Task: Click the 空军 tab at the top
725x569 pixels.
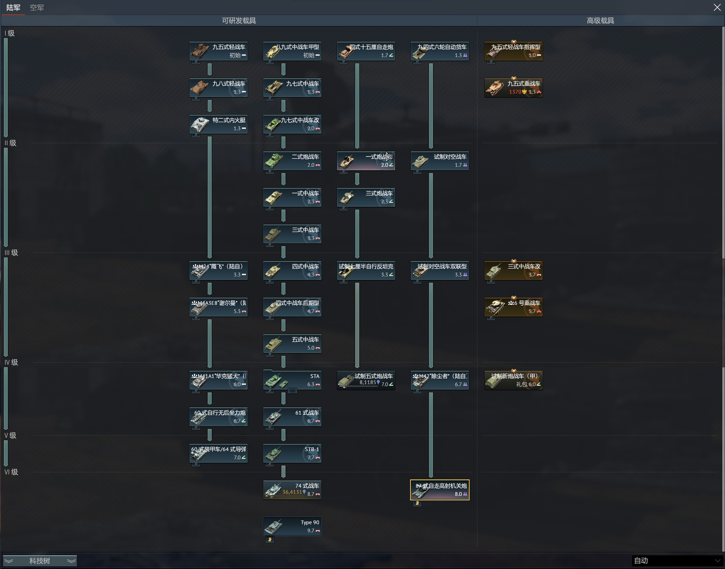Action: pyautogui.click(x=37, y=8)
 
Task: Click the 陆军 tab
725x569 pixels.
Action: pyautogui.click(x=13, y=8)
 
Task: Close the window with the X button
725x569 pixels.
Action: pyautogui.click(x=717, y=8)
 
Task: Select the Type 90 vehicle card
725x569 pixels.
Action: pyautogui.click(x=292, y=526)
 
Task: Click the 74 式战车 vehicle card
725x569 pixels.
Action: pyautogui.click(x=292, y=490)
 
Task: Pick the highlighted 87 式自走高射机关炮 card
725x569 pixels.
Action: pyautogui.click(x=440, y=490)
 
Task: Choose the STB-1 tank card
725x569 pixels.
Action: pyautogui.click(x=292, y=453)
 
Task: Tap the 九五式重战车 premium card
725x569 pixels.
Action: pyautogui.click(x=514, y=87)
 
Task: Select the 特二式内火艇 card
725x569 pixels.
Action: pyautogui.click(x=219, y=124)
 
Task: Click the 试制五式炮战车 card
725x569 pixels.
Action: pyautogui.click(x=366, y=380)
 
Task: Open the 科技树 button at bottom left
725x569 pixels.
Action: pyautogui.click(x=40, y=561)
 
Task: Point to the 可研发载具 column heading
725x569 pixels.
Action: pyautogui.click(x=239, y=21)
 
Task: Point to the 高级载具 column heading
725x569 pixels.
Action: pyautogui.click(x=600, y=21)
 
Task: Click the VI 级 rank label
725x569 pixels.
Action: pyautogui.click(x=11, y=472)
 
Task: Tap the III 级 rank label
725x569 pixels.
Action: pyautogui.click(x=11, y=253)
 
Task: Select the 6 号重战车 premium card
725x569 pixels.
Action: pyautogui.click(x=514, y=307)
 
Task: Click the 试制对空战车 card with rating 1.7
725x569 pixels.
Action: pyautogui.click(x=440, y=161)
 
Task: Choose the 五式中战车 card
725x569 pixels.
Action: pyautogui.click(x=292, y=343)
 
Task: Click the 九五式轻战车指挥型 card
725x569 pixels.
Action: pyautogui.click(x=514, y=51)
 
